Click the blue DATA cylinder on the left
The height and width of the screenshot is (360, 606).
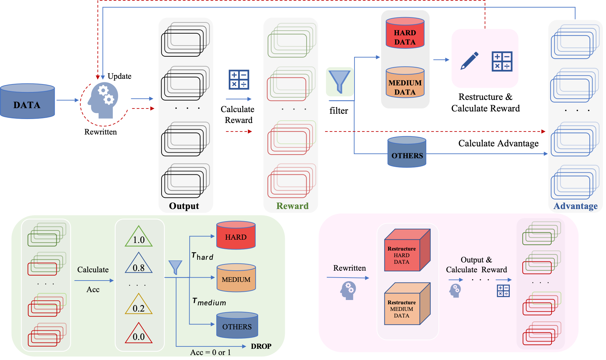(27, 101)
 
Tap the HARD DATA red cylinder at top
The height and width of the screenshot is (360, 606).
(405, 34)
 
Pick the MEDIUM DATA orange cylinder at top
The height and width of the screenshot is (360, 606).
(405, 83)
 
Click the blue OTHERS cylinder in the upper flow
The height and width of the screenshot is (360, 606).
(407, 152)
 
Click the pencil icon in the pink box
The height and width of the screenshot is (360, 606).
(470, 60)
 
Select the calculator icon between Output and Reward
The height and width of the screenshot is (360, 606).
(239, 79)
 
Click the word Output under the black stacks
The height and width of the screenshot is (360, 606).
(184, 206)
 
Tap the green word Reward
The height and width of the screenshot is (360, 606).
(292, 206)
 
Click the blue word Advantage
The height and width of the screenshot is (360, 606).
(575, 206)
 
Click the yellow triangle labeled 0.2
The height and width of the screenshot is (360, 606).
(139, 305)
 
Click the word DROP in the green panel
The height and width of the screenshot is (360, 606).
(261, 346)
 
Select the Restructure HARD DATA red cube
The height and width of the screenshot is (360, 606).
(407, 251)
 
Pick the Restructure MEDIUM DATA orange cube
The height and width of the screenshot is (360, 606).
(407, 304)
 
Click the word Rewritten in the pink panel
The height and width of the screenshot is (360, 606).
(349, 268)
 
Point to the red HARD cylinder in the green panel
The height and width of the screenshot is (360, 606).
(236, 236)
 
